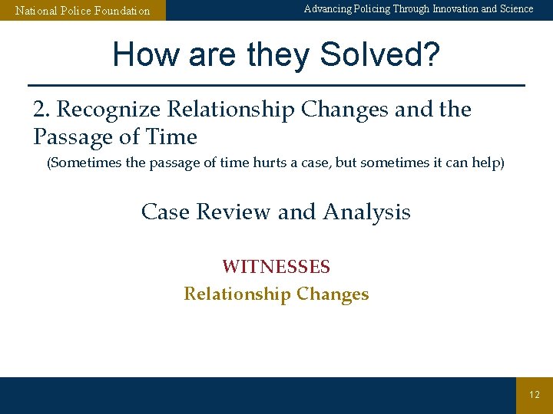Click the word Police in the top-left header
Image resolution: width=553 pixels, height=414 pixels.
[77, 11]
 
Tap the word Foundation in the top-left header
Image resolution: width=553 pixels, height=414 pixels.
[122, 11]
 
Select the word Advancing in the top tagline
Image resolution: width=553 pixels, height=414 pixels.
[329, 9]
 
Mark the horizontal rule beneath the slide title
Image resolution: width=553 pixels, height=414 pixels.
[276, 84]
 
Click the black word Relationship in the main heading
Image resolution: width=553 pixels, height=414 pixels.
[231, 110]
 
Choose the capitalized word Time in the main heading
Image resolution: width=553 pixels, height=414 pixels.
[176, 137]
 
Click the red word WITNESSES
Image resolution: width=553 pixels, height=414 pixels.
[276, 267]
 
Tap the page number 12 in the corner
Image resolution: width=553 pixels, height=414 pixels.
[535, 395]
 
